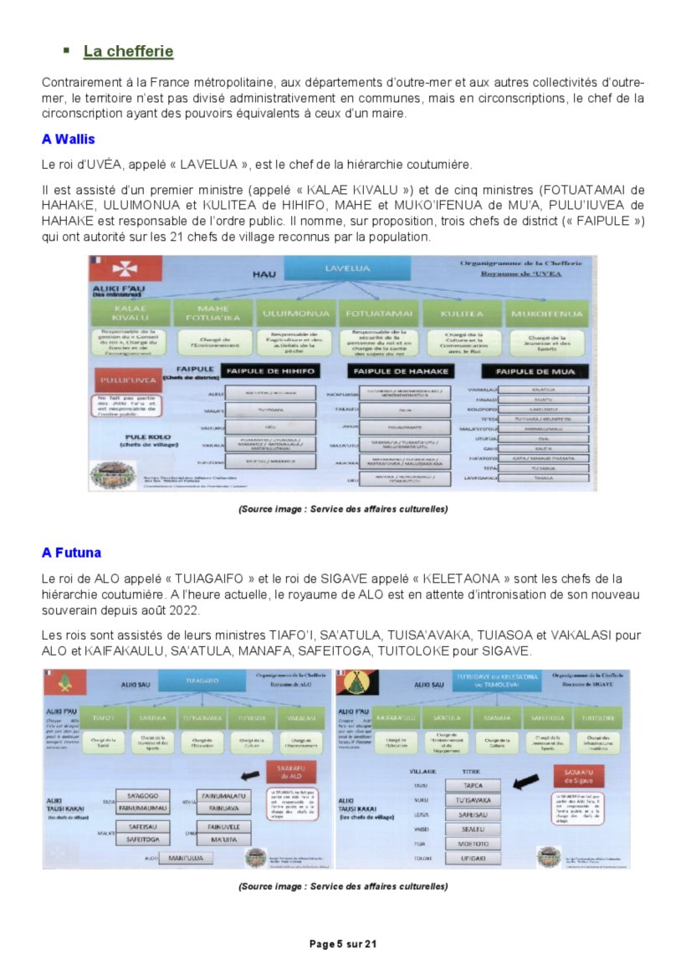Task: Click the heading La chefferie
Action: click(128, 52)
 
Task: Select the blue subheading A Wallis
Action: click(69, 139)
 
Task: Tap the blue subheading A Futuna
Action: click(72, 553)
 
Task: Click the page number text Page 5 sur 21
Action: click(343, 944)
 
